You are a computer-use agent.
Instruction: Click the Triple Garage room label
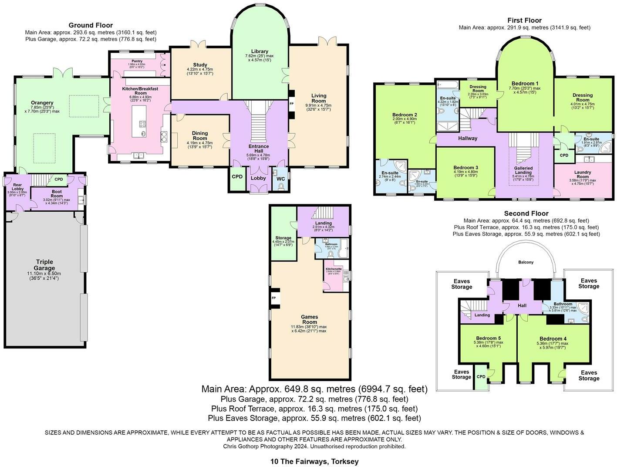point(45,265)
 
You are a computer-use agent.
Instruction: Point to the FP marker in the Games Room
point(274,298)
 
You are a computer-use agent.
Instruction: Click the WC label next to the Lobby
point(281,179)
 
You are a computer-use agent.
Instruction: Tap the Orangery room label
point(42,103)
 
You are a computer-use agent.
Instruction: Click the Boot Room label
point(57,194)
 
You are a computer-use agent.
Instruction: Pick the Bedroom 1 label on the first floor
point(525,84)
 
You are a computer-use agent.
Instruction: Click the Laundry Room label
point(582,174)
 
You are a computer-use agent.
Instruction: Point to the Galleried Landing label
point(523,170)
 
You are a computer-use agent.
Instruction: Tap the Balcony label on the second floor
point(526,262)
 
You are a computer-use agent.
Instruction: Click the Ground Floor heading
point(91,25)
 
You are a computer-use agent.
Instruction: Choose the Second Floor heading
point(526,213)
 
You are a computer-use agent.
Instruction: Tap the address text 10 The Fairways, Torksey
point(314,461)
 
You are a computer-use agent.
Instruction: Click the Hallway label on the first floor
point(468,138)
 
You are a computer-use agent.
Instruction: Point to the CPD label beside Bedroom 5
point(481,377)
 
